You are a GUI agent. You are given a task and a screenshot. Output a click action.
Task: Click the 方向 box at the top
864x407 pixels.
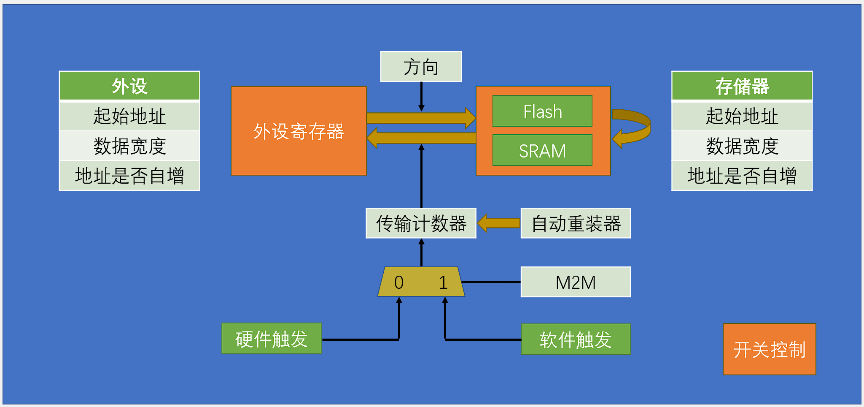click(421, 67)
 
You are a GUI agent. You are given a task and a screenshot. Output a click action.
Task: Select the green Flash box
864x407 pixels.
click(542, 111)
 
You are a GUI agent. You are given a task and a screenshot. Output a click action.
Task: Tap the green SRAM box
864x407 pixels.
click(542, 150)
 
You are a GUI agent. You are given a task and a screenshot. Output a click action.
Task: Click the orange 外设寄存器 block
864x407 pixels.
click(299, 131)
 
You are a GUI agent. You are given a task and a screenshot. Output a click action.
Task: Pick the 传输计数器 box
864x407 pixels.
click(421, 223)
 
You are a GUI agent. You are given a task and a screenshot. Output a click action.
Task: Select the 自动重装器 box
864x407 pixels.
click(576, 223)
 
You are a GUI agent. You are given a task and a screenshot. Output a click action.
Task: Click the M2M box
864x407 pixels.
click(576, 282)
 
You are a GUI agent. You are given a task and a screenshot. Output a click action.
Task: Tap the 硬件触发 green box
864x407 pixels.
click(272, 339)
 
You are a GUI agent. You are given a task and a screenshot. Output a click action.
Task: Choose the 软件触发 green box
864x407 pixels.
click(576, 339)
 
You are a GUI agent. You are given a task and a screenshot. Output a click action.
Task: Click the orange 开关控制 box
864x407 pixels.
click(769, 349)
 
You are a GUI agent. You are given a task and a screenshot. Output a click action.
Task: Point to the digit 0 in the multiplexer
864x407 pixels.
click(399, 282)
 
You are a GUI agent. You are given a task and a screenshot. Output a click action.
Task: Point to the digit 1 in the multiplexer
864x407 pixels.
click(443, 282)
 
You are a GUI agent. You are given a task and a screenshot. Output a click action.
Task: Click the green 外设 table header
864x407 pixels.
click(129, 86)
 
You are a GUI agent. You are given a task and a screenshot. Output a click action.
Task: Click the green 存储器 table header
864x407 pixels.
click(742, 86)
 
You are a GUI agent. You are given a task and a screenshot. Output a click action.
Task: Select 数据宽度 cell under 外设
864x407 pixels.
click(129, 146)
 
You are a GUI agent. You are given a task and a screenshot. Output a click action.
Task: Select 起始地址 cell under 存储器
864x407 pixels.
click(742, 116)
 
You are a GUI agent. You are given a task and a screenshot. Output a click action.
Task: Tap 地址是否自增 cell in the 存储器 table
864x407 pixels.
click(742, 176)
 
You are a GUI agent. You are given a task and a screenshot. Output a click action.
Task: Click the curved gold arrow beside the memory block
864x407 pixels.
click(637, 127)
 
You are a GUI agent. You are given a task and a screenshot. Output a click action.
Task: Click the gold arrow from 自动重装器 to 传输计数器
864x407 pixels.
click(499, 223)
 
